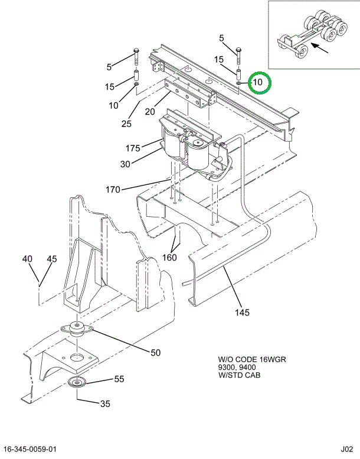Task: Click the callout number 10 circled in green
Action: [258, 83]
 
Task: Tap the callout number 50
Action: [155, 353]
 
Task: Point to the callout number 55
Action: [119, 379]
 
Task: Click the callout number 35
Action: [105, 404]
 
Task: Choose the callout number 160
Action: [169, 258]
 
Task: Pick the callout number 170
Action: [113, 190]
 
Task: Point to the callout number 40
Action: [28, 259]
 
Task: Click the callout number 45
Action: [51, 259]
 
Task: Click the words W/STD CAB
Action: [239, 375]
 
